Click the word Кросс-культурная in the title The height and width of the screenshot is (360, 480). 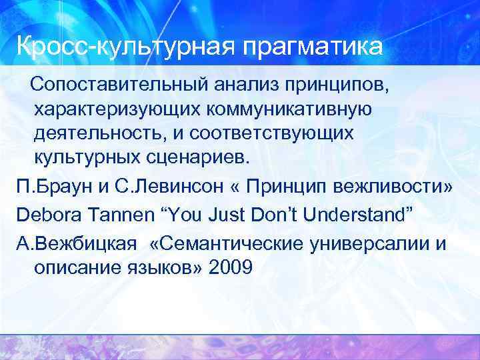[x=126, y=47]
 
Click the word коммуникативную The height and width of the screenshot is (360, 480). [x=291, y=109]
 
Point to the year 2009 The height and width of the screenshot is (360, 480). [x=230, y=268]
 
